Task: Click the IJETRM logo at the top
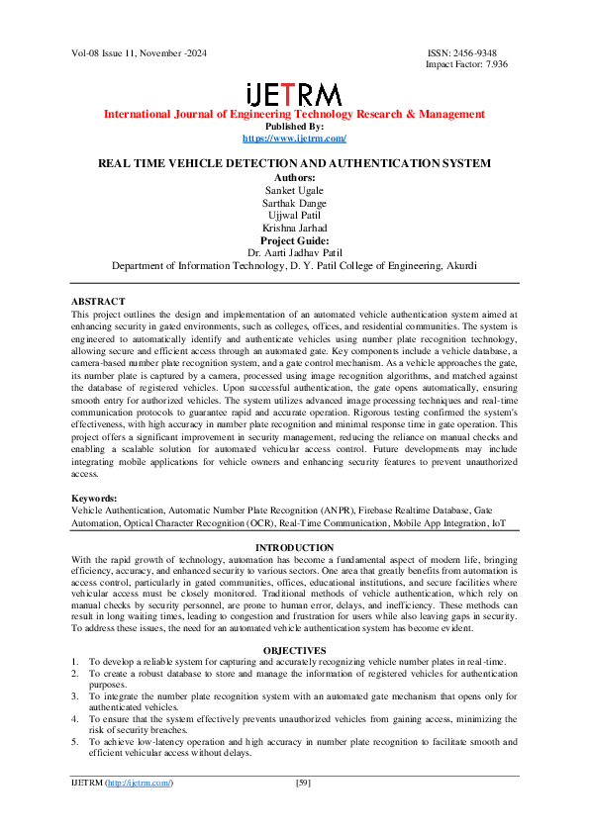(x=294, y=94)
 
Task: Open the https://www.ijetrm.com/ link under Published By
(x=294, y=139)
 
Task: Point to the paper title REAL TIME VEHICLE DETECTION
(x=294, y=164)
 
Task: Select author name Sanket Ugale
(x=294, y=189)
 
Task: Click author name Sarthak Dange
(x=294, y=202)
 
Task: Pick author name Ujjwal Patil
(x=294, y=215)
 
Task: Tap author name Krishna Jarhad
(x=294, y=228)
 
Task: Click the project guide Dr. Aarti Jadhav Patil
(x=294, y=252)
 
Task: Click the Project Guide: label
(x=294, y=240)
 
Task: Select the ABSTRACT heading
(x=98, y=301)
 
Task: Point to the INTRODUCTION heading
(x=294, y=547)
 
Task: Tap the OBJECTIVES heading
(x=294, y=650)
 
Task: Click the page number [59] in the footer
(x=305, y=810)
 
